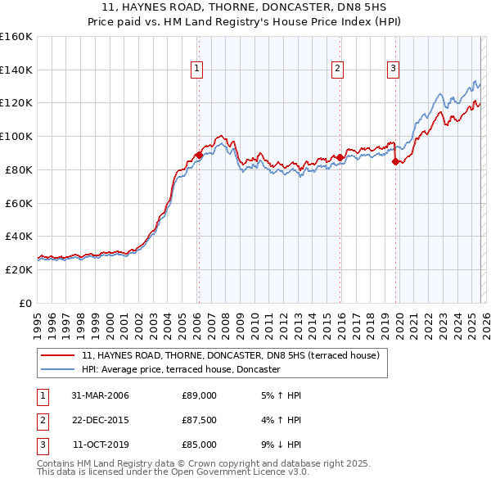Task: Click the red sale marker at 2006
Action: pos(199,154)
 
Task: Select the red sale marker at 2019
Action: pos(395,161)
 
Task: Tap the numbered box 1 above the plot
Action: pos(198,69)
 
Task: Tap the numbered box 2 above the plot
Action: pos(338,69)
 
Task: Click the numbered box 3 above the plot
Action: pos(394,69)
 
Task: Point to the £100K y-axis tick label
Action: pos(16,136)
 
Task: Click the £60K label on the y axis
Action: pos(18,203)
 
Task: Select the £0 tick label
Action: pos(25,303)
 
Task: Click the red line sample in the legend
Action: pos(57,356)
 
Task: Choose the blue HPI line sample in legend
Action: pos(57,370)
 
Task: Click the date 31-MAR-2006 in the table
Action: pos(100,395)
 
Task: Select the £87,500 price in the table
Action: pos(199,420)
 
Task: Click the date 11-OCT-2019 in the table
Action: pos(100,445)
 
